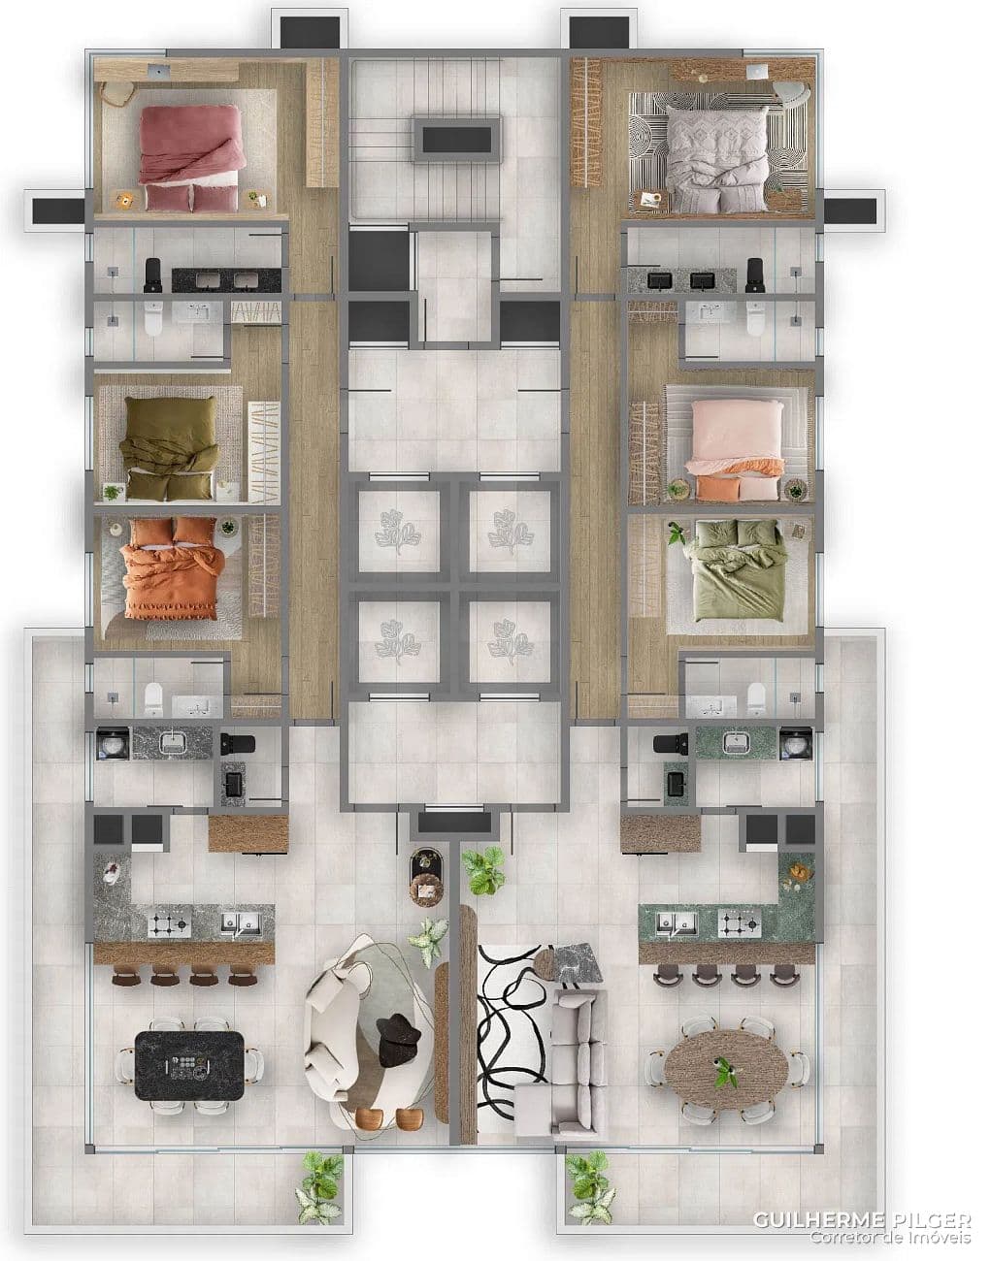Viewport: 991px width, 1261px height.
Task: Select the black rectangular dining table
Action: point(190,1064)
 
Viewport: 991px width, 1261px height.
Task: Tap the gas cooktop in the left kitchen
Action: point(170,924)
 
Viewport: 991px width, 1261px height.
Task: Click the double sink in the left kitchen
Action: point(239,923)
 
